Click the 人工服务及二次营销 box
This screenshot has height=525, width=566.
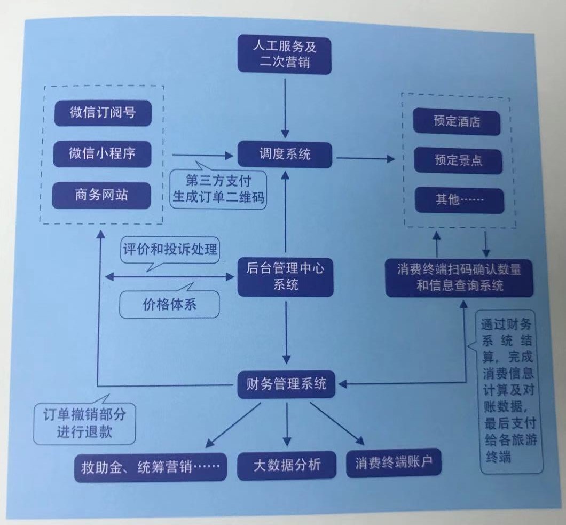(x=284, y=55)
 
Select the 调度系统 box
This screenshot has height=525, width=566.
(x=284, y=155)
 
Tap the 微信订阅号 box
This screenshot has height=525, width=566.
(x=103, y=113)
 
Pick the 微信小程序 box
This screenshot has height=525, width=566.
(x=103, y=154)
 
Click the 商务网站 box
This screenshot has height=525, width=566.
(x=101, y=195)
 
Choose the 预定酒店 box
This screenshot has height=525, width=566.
(x=457, y=122)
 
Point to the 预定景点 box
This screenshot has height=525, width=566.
(x=458, y=160)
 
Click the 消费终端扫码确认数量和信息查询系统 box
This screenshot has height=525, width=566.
(x=460, y=277)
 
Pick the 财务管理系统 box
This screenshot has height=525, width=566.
(x=286, y=384)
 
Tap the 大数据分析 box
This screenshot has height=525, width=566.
(x=287, y=465)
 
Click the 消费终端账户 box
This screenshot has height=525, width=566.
(x=395, y=463)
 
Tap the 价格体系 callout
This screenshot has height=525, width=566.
(x=170, y=305)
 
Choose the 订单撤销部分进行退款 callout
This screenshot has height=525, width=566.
(x=84, y=424)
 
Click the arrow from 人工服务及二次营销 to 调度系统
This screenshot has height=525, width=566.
(x=286, y=107)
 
